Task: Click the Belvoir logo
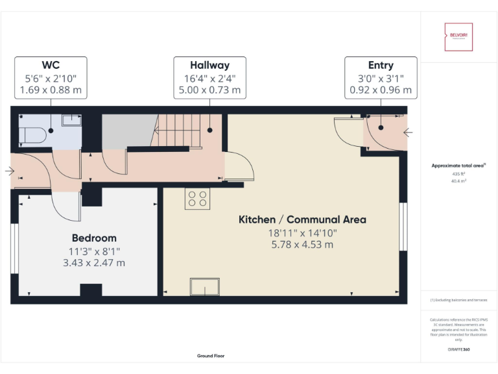(x=458, y=37)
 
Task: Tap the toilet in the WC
(x=32, y=135)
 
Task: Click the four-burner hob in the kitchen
(x=198, y=199)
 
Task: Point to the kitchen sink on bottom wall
(x=204, y=286)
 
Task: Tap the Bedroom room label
(x=94, y=238)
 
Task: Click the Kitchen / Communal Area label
(x=302, y=219)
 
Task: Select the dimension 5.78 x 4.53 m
(x=302, y=245)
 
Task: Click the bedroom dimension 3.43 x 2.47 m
(x=94, y=262)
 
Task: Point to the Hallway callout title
(x=209, y=66)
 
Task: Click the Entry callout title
(x=381, y=66)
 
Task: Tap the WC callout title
(x=51, y=66)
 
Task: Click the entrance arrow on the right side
(x=408, y=132)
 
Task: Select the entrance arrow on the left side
(x=8, y=171)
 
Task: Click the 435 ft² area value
(x=458, y=174)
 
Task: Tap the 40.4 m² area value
(x=458, y=181)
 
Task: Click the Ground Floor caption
(x=211, y=356)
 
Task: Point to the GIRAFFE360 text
(x=458, y=350)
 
